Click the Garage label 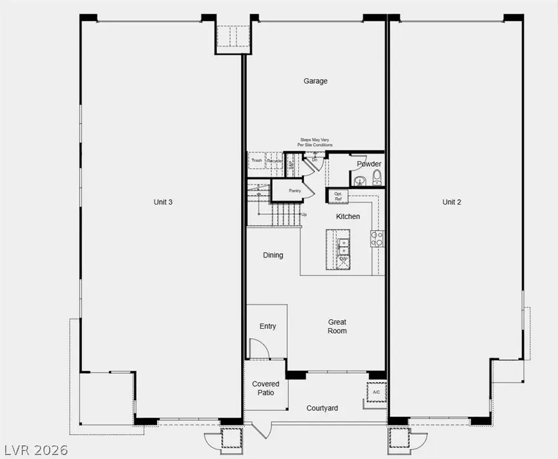(315, 81)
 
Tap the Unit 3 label (163, 202)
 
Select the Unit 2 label (451, 202)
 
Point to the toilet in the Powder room (376, 179)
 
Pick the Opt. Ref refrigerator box (338, 196)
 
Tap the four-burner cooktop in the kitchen (377, 238)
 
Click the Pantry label (294, 190)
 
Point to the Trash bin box (257, 161)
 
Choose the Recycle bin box (275, 161)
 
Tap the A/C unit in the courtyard (376, 393)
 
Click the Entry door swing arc (259, 349)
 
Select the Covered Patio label (265, 388)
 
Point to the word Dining (273, 255)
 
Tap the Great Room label (337, 326)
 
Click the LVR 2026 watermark (36, 448)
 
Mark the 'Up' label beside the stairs (304, 215)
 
